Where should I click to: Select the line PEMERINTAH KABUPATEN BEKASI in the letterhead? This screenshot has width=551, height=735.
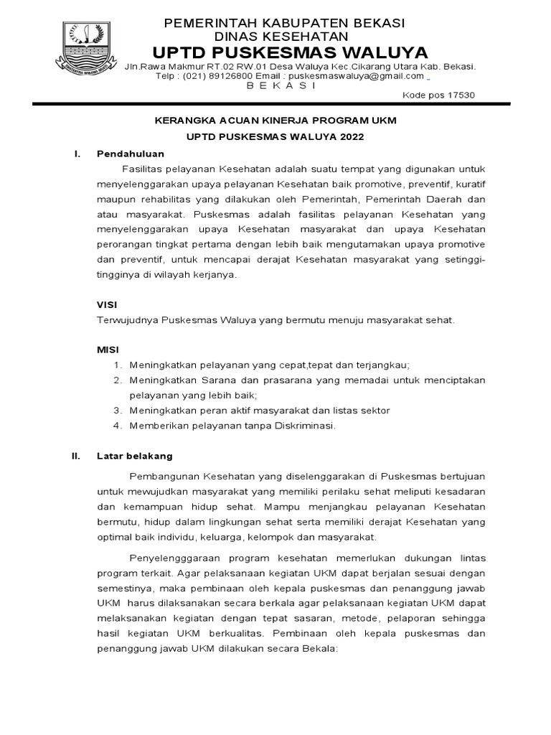click(285, 23)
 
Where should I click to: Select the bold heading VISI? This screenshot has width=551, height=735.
click(107, 304)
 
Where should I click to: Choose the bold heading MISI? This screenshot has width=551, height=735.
click(107, 350)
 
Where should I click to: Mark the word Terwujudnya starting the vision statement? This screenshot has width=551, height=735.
click(127, 320)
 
